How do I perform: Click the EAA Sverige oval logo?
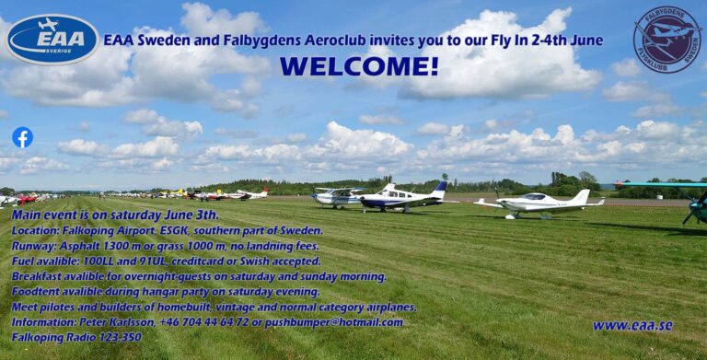click(x=52, y=39)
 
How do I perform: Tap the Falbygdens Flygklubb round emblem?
click(x=666, y=40)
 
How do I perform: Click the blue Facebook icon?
click(x=22, y=137)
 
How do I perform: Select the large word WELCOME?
click(x=359, y=66)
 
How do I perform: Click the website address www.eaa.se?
click(x=632, y=325)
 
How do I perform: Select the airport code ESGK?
click(x=182, y=230)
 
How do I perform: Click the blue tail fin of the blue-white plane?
click(x=441, y=188)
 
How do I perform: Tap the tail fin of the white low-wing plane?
click(x=581, y=197)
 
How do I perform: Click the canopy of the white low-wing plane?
click(x=535, y=196)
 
